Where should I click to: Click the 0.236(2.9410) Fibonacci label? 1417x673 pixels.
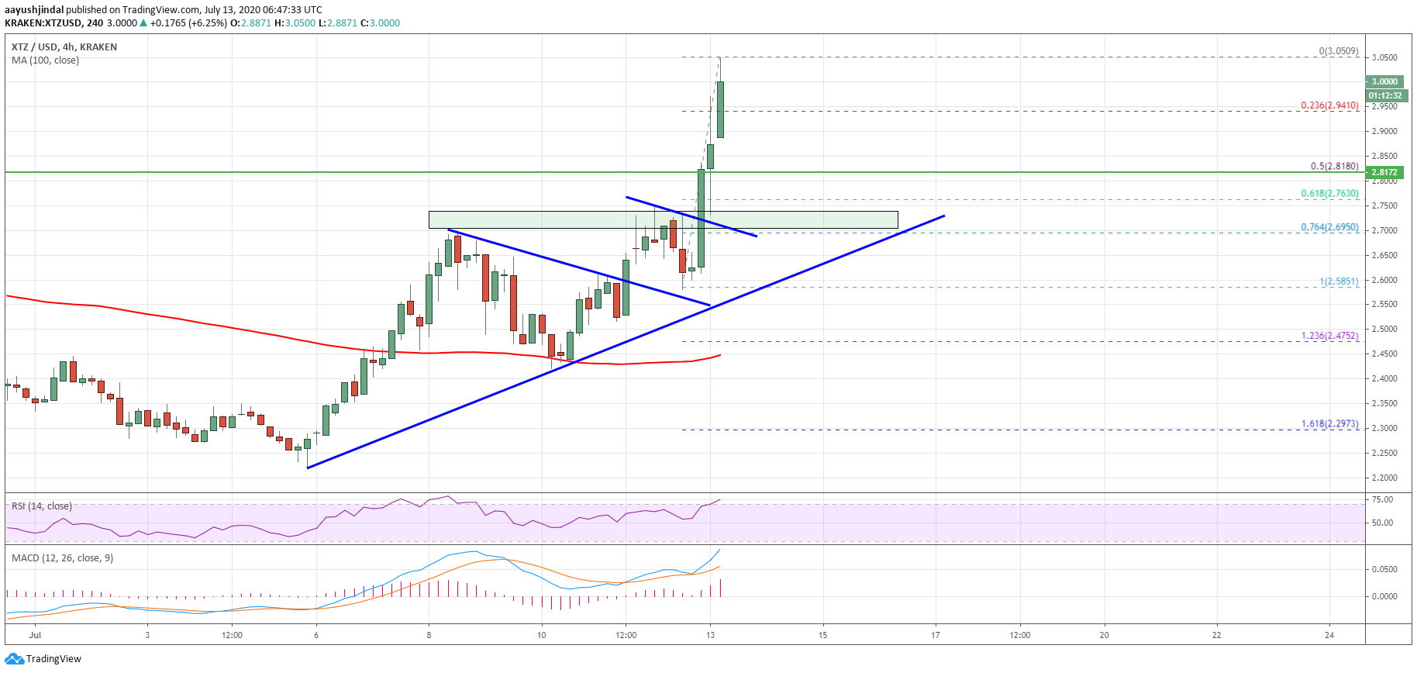pos(1329,105)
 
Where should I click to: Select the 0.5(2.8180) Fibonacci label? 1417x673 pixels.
pos(1334,166)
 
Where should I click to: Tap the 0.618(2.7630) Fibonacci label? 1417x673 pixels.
pos(1329,194)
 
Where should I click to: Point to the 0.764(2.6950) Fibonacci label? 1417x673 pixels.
pos(1329,227)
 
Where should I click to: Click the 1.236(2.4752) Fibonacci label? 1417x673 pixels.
pos(1329,336)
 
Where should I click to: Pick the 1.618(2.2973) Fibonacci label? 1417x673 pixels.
pos(1329,423)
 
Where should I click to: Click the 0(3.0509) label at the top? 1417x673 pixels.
pos(1339,51)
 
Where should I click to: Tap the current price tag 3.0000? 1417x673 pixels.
pos(1384,81)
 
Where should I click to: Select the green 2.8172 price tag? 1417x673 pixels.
pos(1384,172)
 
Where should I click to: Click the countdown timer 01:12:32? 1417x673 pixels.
pos(1385,95)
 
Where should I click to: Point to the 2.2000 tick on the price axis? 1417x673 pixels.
pos(1384,478)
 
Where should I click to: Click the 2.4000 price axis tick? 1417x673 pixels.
pos(1384,378)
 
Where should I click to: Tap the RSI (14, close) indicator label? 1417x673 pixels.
pos(42,506)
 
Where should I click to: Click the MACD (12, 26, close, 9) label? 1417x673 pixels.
pos(62,558)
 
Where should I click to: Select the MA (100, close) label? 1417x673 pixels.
pos(45,60)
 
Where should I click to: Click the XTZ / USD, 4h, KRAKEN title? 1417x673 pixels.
pos(64,47)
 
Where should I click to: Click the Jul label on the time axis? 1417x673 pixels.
pos(34,635)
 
